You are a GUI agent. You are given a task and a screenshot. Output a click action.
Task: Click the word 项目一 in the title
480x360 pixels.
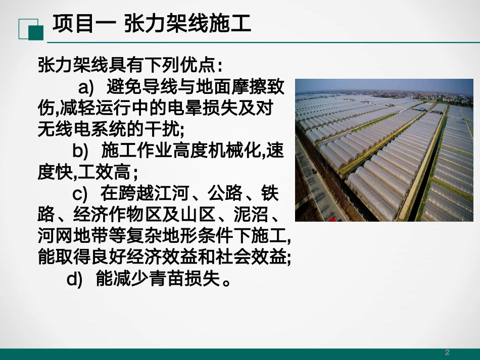[79, 23]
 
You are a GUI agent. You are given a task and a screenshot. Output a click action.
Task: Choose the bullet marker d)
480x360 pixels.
[74, 279]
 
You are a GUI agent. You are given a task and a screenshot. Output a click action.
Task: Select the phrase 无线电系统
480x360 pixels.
[81, 130]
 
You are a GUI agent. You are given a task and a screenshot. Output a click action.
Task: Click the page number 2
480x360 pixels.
[447, 352]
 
